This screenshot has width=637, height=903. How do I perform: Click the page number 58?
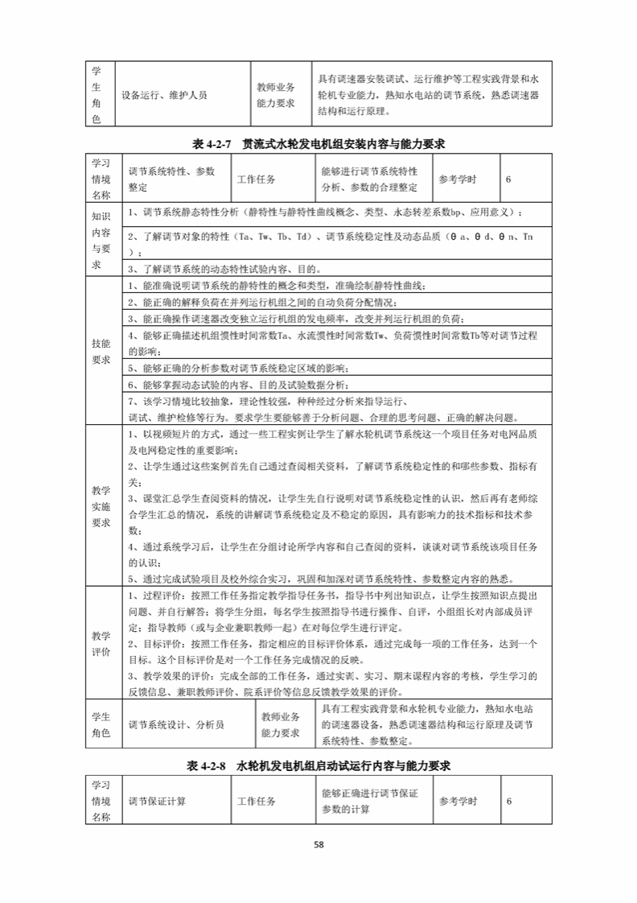click(318, 844)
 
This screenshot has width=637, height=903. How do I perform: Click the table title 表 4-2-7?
click(319, 144)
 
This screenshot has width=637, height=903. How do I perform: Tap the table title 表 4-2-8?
click(319, 765)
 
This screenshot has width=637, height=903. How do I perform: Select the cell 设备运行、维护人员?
click(164, 95)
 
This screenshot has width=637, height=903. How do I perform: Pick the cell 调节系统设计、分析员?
click(176, 724)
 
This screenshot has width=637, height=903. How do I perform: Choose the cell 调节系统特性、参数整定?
click(172, 179)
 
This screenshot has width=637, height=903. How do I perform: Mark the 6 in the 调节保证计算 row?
click(509, 802)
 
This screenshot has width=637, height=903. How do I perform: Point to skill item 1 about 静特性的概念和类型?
click(273, 286)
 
